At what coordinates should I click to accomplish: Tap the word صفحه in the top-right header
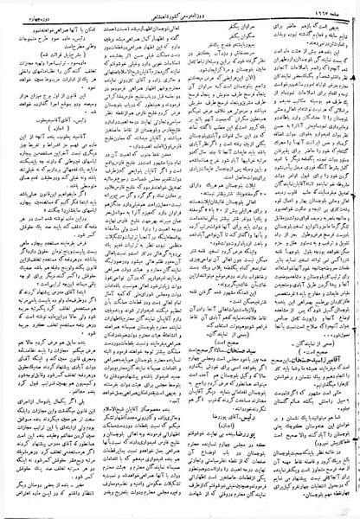point(325,9)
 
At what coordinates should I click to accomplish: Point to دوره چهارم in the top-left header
point(35,9)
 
